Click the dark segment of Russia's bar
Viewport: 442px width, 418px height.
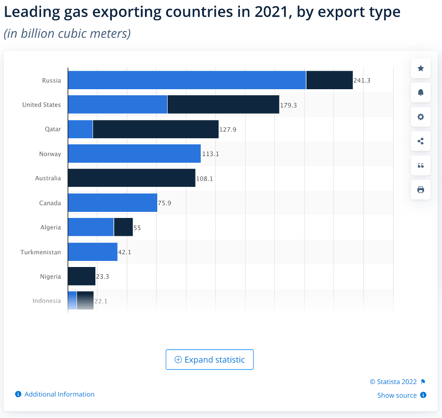[330, 80]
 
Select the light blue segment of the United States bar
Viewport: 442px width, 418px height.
[118, 105]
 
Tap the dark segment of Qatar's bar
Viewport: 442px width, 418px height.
[156, 129]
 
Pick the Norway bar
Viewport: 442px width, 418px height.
[134, 154]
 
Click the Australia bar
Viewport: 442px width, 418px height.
[131, 178]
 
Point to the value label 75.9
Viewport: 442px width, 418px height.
[165, 203]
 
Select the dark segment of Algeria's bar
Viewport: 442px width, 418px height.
[124, 227]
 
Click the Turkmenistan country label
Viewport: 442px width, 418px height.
[41, 252]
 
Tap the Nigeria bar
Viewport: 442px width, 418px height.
[82, 276]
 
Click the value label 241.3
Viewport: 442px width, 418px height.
[362, 81]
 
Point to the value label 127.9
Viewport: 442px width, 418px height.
[228, 129]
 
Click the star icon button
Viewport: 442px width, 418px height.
[421, 68]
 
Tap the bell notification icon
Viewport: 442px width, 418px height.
[421, 92]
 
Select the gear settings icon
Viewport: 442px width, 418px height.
[421, 117]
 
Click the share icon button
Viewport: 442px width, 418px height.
[421, 141]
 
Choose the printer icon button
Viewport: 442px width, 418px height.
[421, 190]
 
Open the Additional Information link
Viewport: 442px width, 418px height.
[59, 394]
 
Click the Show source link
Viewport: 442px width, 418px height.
[397, 395]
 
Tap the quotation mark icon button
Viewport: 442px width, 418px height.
[421, 165]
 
